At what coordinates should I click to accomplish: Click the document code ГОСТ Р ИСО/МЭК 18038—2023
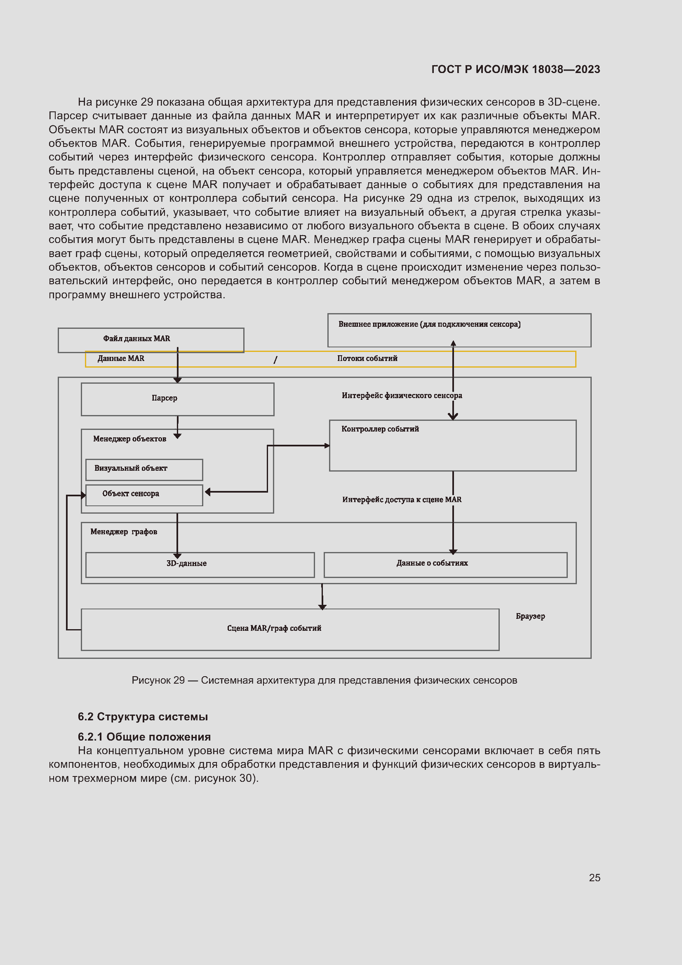pyautogui.click(x=515, y=69)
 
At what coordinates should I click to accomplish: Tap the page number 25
pyautogui.click(x=594, y=878)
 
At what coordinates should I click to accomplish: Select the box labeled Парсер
pyautogui.click(x=177, y=399)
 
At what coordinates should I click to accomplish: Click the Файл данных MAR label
pyautogui.click(x=136, y=339)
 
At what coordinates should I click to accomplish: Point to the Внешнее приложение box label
pyautogui.click(x=429, y=324)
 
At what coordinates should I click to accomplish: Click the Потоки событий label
pyautogui.click(x=367, y=359)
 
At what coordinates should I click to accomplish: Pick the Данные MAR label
pyautogui.click(x=121, y=359)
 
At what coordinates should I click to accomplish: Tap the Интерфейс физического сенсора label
pyautogui.click(x=402, y=396)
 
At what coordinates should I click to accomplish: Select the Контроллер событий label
pyautogui.click(x=380, y=429)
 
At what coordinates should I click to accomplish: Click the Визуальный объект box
pyautogui.click(x=144, y=470)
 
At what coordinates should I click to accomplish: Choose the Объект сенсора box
pyautogui.click(x=144, y=495)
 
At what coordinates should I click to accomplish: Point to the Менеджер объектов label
pyautogui.click(x=129, y=439)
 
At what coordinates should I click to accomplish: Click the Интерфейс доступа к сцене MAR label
pyautogui.click(x=402, y=500)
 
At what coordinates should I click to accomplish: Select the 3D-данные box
pyautogui.click(x=200, y=564)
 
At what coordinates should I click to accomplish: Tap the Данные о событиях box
pyautogui.click(x=445, y=564)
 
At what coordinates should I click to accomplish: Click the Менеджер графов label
pyautogui.click(x=123, y=532)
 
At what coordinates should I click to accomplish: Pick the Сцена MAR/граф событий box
pyautogui.click(x=290, y=629)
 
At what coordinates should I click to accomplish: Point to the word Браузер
pyautogui.click(x=530, y=616)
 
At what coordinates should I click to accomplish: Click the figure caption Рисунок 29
pyautogui.click(x=324, y=680)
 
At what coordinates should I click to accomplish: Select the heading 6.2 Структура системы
pyautogui.click(x=143, y=717)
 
